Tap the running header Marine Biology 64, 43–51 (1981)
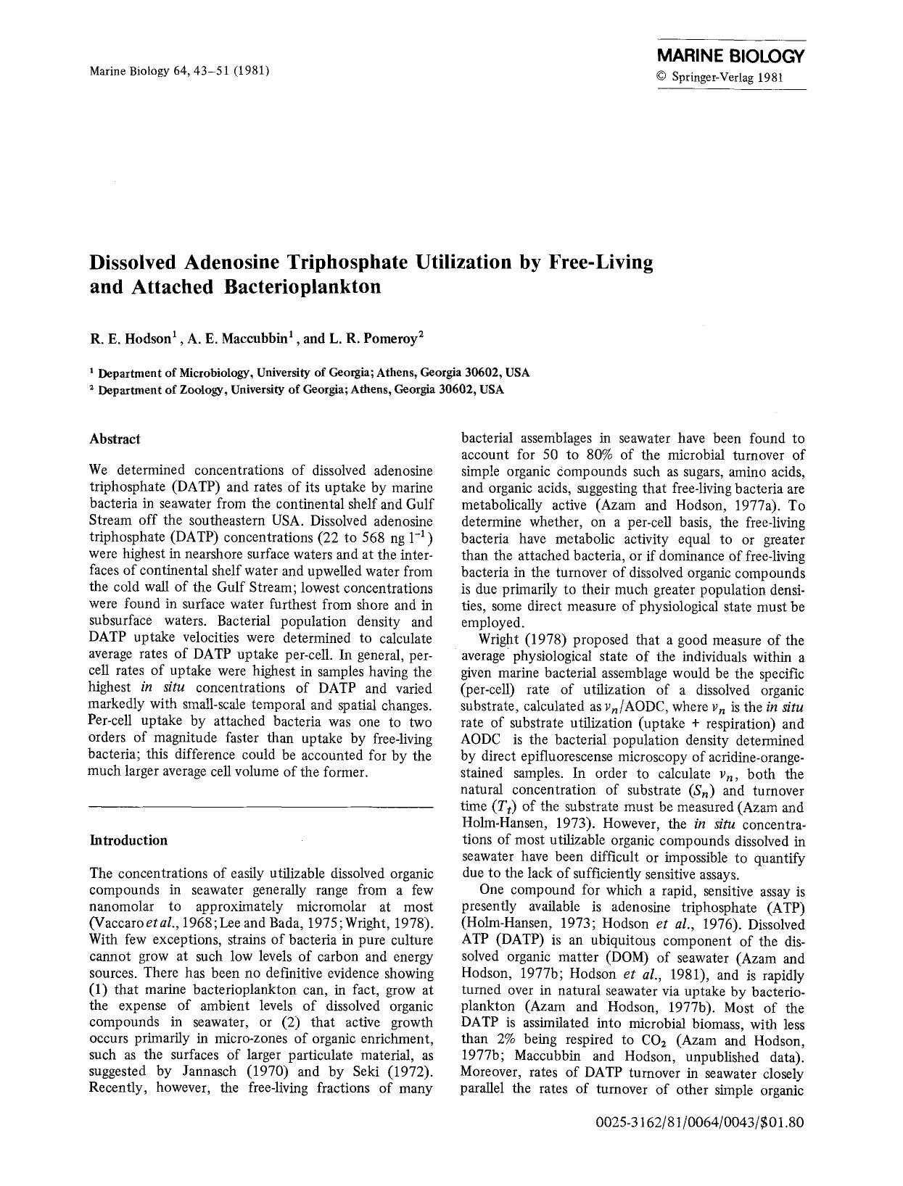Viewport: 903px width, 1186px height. point(180,70)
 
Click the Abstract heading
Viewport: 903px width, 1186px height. point(115,439)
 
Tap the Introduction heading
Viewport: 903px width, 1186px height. point(128,840)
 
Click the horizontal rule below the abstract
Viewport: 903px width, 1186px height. point(261,806)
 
